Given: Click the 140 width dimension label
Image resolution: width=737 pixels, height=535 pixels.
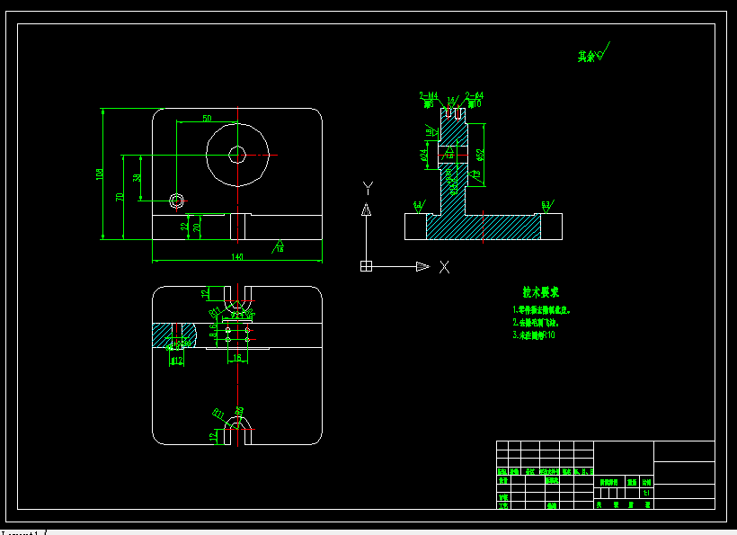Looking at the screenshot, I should (237, 257).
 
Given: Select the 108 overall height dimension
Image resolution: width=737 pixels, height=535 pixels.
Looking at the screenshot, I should (100, 174).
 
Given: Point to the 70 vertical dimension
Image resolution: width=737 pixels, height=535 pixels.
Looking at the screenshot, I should (120, 196).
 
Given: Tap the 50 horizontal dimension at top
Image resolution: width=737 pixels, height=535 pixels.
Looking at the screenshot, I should (207, 119).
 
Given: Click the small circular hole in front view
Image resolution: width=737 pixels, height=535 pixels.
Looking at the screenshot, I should (176, 200).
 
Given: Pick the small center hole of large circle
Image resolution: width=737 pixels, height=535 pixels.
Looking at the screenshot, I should (236, 155).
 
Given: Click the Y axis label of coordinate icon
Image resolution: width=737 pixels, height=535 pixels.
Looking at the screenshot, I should (367, 187).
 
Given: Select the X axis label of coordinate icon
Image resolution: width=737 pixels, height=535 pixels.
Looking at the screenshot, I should (444, 267).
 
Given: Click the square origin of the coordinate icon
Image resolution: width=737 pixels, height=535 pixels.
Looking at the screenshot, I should (366, 266).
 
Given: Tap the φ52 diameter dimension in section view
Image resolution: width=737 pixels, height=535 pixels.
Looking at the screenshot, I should (481, 156).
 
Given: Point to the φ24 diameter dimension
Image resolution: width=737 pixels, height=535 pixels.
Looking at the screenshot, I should (424, 155).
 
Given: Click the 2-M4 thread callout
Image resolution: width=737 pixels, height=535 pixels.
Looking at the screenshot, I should (428, 94).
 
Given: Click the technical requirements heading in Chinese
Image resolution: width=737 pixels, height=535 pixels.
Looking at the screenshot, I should (541, 292).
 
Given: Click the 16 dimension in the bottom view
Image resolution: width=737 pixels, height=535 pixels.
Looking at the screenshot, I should (237, 357).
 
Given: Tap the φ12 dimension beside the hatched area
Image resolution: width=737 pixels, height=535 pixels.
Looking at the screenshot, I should (176, 361).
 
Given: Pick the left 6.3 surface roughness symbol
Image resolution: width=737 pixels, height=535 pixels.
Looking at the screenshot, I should (418, 206).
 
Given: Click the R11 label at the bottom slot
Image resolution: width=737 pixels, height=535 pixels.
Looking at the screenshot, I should (218, 414).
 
